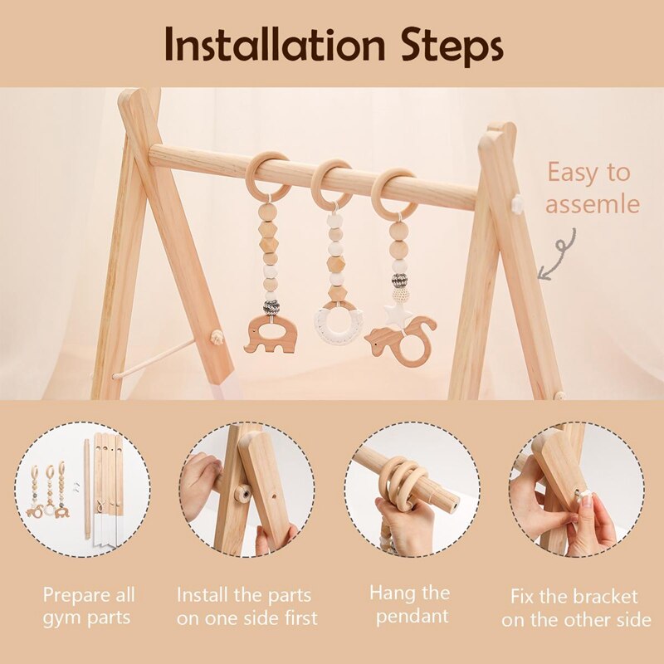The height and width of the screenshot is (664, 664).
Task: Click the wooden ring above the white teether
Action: [332, 183]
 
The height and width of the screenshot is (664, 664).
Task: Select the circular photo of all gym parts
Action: [81, 489]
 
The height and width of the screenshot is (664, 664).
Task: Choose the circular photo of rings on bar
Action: [413, 489]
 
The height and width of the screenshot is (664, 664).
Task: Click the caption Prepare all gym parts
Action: [89, 606]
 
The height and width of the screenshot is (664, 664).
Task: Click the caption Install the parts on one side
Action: [247, 606]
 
